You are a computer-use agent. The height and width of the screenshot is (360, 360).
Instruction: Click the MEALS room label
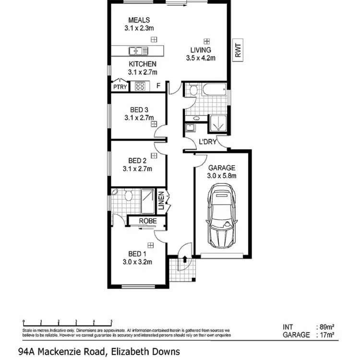coord(139,20)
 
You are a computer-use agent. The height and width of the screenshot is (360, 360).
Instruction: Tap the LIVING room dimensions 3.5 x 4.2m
coord(201,58)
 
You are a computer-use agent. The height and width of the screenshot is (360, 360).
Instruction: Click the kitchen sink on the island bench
coord(138,50)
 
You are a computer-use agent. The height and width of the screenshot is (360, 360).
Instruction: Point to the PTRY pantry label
coord(120,87)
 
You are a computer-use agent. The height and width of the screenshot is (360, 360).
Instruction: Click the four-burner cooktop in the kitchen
coord(140,87)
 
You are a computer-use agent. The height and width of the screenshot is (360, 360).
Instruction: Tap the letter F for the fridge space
coord(158,87)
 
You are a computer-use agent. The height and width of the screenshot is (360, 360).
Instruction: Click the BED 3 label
coord(139,109)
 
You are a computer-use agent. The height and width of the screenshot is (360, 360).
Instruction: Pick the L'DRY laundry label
coord(208,142)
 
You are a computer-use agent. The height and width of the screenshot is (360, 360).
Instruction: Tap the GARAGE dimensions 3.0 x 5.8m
coord(221,176)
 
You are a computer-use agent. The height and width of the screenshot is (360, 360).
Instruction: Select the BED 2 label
coord(138,160)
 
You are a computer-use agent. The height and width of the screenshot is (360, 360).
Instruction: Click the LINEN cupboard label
coord(162,202)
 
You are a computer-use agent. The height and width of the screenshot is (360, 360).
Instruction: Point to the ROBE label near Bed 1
coord(147,221)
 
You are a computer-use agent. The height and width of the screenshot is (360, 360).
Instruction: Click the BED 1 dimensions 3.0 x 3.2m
coord(137,262)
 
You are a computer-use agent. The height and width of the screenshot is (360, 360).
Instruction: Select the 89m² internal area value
coord(327,327)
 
